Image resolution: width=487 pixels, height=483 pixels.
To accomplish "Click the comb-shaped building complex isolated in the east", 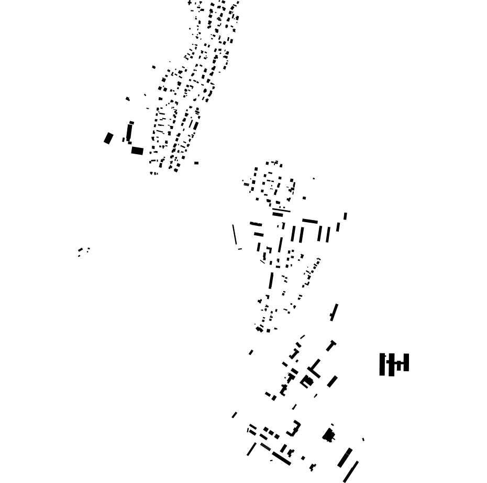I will pos(394,364).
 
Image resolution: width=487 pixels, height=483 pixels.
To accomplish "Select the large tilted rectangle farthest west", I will pos(108,138).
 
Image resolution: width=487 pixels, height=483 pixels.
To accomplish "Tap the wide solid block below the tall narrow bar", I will pos(137,151).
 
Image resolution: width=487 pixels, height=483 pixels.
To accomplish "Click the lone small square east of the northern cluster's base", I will pos(196,163).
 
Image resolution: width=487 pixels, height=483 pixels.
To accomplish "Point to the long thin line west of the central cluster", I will pos(235,235).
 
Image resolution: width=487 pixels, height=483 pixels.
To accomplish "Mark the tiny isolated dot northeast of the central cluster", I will pos(314,179).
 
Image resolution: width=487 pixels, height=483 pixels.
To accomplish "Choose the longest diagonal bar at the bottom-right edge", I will pos(351,471).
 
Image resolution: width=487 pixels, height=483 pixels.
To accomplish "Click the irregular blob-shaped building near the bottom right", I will pos(328,435).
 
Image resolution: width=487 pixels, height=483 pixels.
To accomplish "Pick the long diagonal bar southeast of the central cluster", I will pos(334,312).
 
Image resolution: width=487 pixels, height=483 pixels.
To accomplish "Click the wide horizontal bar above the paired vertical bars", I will pos(310,221).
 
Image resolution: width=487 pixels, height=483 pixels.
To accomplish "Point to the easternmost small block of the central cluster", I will pos(345,216).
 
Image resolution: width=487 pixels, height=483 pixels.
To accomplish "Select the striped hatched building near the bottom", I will pos(265,447).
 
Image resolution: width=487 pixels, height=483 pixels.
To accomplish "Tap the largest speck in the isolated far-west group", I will pos(80,250).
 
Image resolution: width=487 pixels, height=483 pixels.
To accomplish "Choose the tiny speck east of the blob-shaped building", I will pos(363,439).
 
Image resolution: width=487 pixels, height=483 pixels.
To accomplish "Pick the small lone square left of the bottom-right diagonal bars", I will pos(303,458).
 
